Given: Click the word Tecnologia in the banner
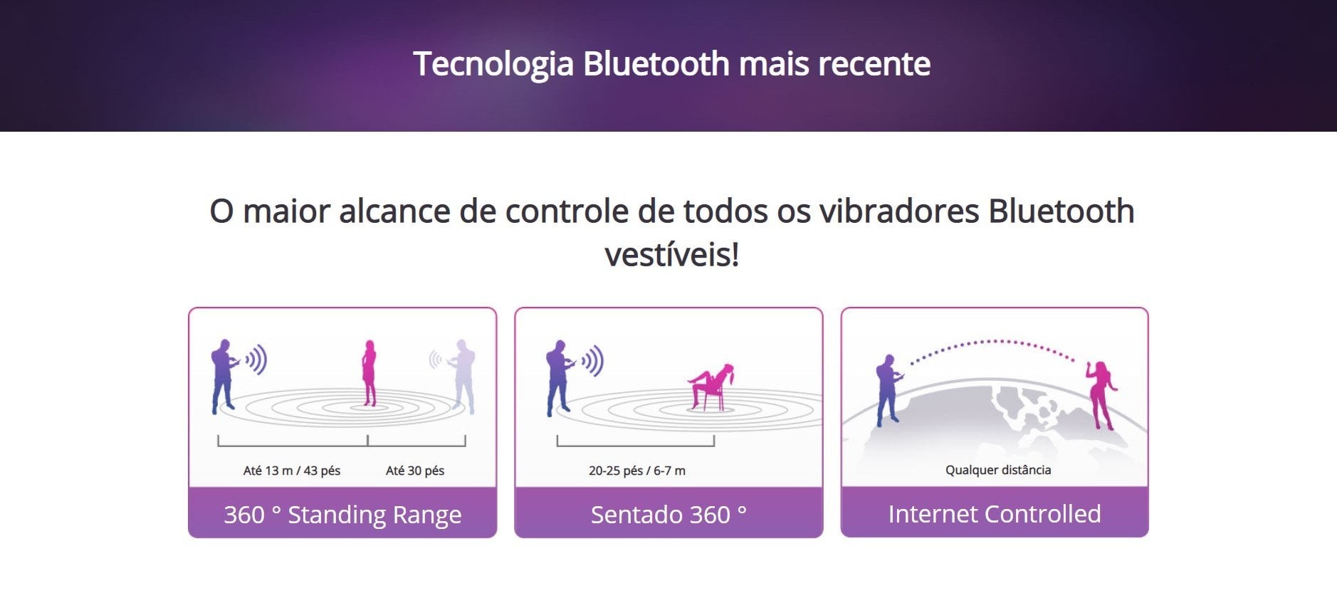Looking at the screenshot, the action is click(493, 65).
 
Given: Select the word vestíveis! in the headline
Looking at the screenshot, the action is click(672, 255).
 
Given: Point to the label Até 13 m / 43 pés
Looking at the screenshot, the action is click(292, 471).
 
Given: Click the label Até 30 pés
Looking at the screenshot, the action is click(415, 471).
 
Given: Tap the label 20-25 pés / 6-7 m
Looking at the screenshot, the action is click(637, 471).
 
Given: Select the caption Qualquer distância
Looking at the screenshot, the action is click(998, 470).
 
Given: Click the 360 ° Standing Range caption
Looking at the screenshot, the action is click(342, 514).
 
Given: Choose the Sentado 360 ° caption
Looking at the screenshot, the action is click(668, 514).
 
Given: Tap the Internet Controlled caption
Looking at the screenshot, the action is click(995, 513).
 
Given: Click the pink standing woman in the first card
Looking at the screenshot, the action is click(369, 372).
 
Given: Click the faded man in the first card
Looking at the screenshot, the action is click(462, 376).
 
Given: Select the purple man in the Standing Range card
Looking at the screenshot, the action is click(224, 376).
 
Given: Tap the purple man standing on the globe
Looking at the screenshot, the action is click(888, 389).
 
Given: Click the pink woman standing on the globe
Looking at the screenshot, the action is click(1101, 395).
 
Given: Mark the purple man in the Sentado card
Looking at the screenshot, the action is click(559, 377).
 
